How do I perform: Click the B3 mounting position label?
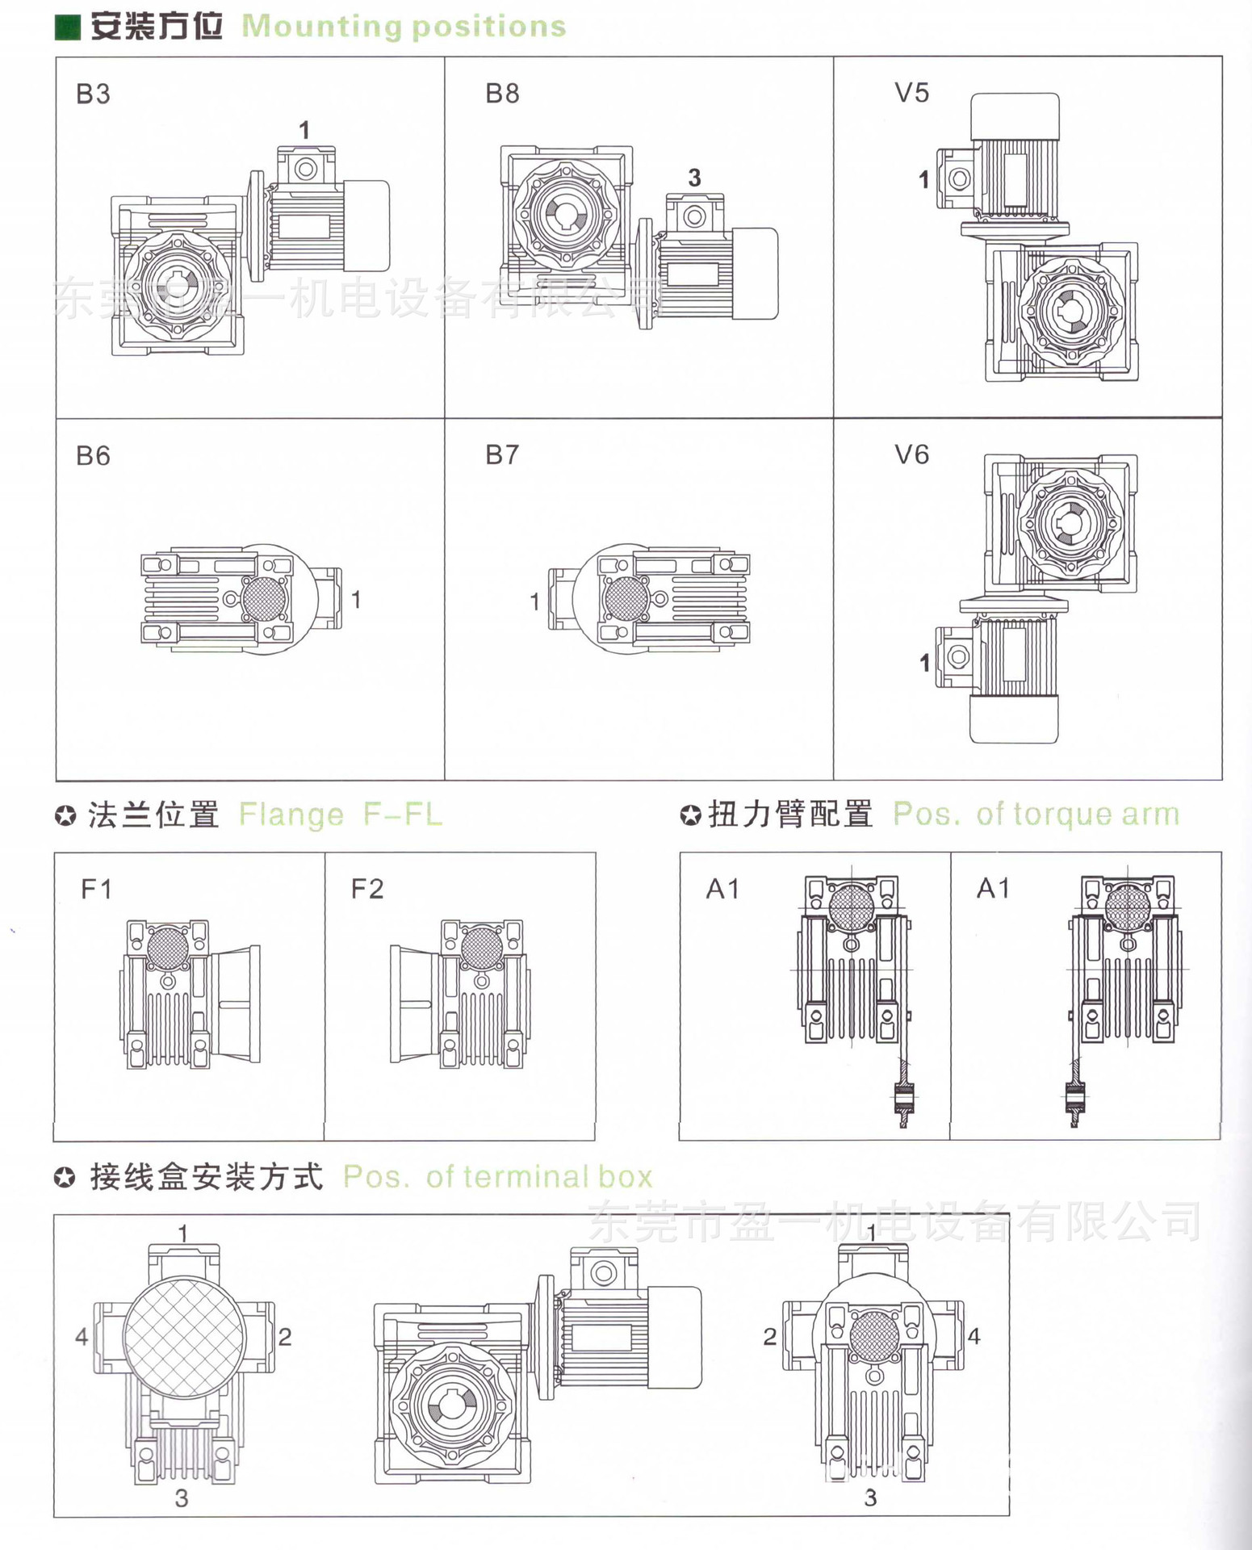(x=93, y=94)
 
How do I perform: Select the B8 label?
(x=502, y=94)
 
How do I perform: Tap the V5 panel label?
(x=911, y=93)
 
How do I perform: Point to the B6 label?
(x=93, y=456)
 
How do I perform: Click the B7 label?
(x=502, y=455)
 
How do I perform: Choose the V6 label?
(x=911, y=455)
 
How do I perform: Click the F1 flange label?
(x=96, y=890)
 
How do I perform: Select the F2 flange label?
(x=366, y=890)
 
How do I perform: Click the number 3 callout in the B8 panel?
(x=694, y=178)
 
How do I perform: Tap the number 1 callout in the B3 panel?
(x=304, y=130)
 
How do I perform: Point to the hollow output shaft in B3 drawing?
(x=171, y=286)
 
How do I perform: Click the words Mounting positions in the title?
(x=404, y=27)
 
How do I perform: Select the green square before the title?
(x=67, y=27)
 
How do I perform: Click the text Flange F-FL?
(x=341, y=815)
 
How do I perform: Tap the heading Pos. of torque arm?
(x=1036, y=815)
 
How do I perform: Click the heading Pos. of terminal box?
(x=497, y=1177)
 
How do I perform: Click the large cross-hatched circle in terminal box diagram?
(x=183, y=1337)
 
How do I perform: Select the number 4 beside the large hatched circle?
(x=82, y=1337)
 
